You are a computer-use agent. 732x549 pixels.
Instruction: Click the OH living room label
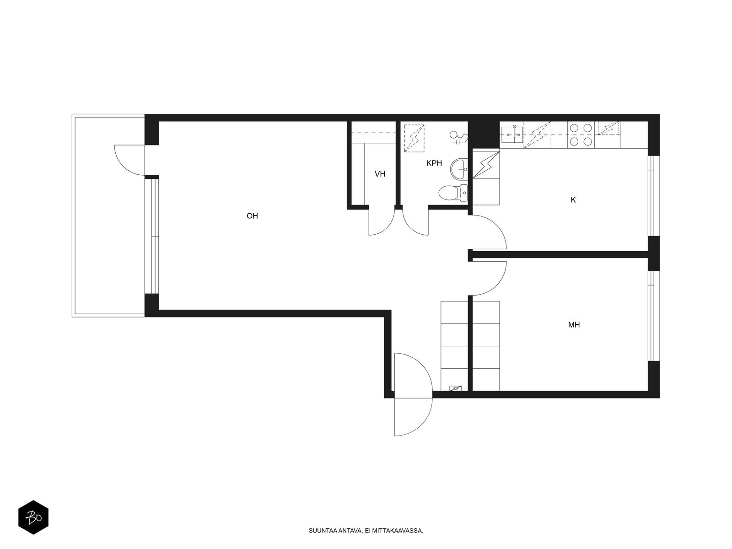(252, 216)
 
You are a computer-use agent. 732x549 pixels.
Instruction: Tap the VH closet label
(380, 174)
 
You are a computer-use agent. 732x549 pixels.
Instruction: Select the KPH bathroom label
(434, 163)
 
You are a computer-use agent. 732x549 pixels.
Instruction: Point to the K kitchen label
(573, 200)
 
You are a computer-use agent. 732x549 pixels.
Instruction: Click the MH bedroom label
(574, 325)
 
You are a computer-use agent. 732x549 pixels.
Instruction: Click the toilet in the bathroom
(453, 193)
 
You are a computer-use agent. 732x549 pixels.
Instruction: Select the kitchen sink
(512, 135)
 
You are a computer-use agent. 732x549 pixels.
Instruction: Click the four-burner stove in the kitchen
(581, 135)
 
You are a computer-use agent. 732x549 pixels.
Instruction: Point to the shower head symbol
(458, 137)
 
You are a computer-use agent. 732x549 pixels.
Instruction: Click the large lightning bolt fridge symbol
(486, 165)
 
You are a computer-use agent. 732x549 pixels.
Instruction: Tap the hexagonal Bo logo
(33, 517)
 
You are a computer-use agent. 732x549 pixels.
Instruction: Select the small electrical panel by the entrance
(456, 388)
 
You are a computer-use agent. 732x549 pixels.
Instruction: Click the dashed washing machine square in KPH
(414, 138)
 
